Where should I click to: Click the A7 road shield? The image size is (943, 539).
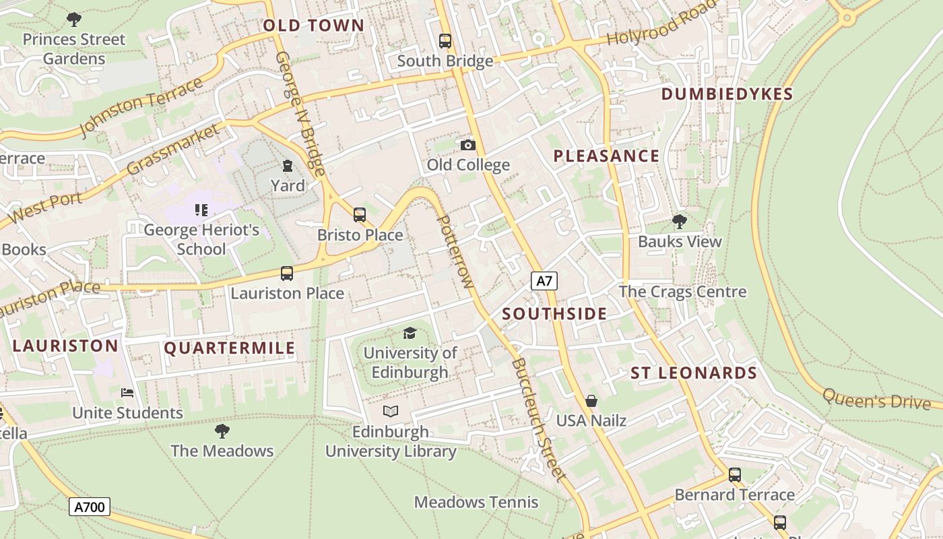coord(544,281)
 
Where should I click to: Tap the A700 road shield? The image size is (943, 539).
coord(89,506)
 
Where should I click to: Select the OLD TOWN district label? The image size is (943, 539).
coord(313,26)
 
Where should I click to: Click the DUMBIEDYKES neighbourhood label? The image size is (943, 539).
coord(727,94)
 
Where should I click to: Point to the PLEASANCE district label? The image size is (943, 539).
coord(606,156)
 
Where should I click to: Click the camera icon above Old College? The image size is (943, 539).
coord(467,145)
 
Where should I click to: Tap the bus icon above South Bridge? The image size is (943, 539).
coord(445,40)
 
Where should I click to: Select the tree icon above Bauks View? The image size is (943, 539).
coord(679,221)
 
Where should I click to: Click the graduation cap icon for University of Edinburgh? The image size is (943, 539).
coord(410,332)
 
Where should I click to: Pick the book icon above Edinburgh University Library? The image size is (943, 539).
coord(391,411)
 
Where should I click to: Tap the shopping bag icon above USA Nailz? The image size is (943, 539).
coord(591,401)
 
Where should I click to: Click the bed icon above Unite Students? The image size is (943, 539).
coord(127,392)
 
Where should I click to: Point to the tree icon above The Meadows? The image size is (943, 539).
coord(222,431)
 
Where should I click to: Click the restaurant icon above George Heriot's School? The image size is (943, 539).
coord(201,210)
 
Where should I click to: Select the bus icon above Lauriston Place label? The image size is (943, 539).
coord(287,273)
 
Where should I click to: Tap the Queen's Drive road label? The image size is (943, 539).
coord(877,400)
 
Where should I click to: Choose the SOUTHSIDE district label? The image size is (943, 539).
coord(554,314)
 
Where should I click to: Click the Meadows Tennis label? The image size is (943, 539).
coord(476,502)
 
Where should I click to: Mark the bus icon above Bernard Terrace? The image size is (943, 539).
coord(734,474)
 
